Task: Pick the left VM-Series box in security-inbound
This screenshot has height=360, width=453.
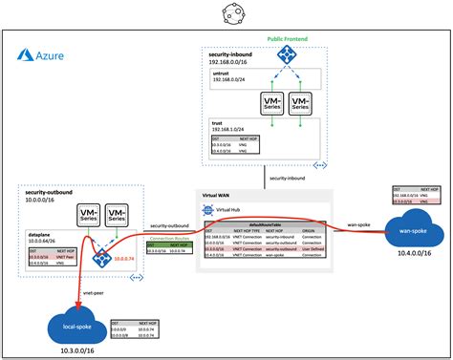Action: pos(266,103)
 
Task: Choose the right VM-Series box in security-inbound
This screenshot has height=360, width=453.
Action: pos(300,103)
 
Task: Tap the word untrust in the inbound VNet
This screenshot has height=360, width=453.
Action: pos(222,72)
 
